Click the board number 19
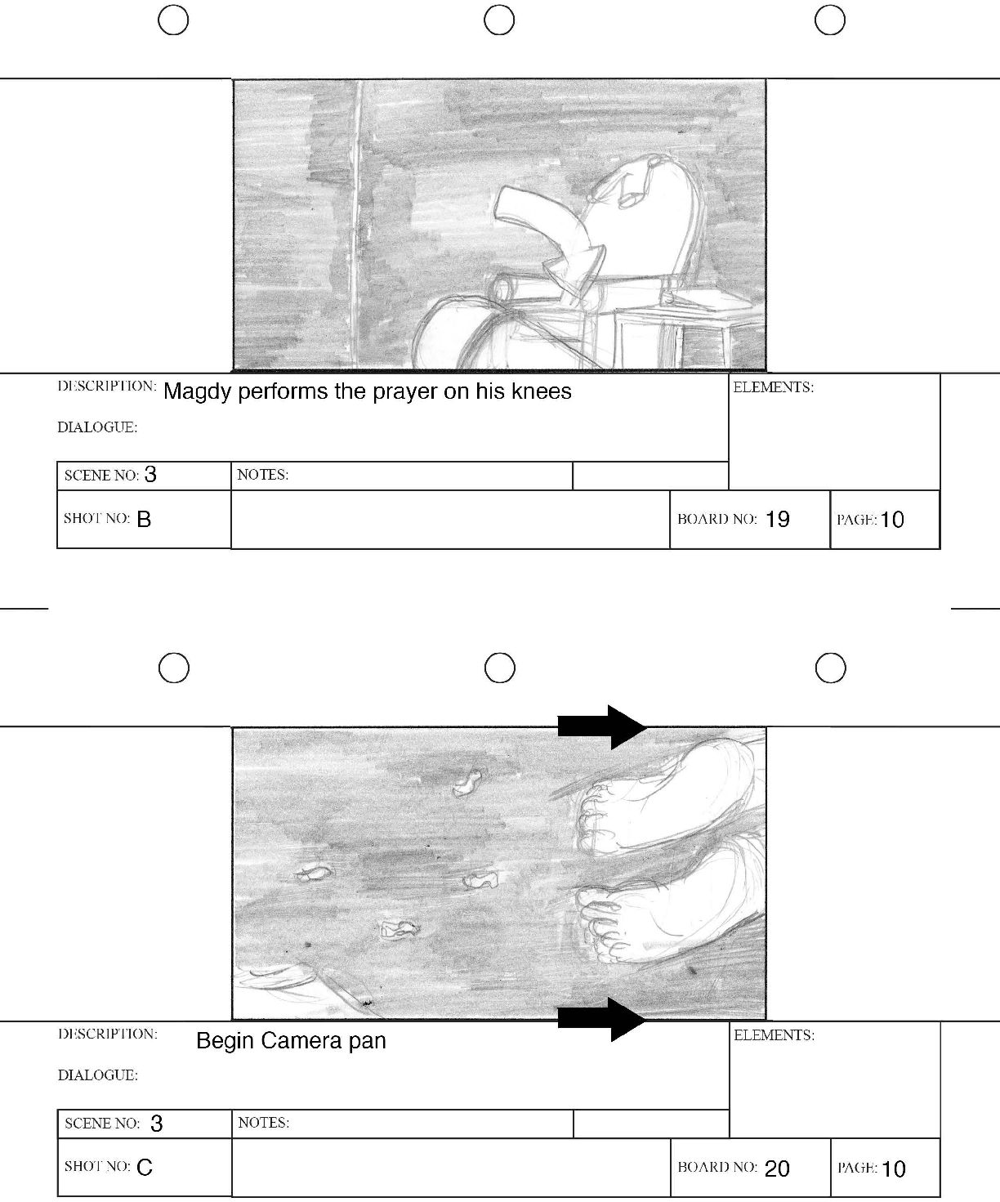(777, 519)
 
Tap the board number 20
(777, 1168)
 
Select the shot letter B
(144, 519)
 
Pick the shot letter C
(145, 1168)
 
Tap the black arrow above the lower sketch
(602, 726)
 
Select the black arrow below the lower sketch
(602, 1020)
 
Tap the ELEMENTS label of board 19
(773, 387)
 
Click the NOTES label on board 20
(264, 1123)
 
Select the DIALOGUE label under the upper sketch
(97, 427)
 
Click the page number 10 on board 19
(892, 520)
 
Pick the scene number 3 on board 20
(156, 1123)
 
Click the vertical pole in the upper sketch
(358, 225)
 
